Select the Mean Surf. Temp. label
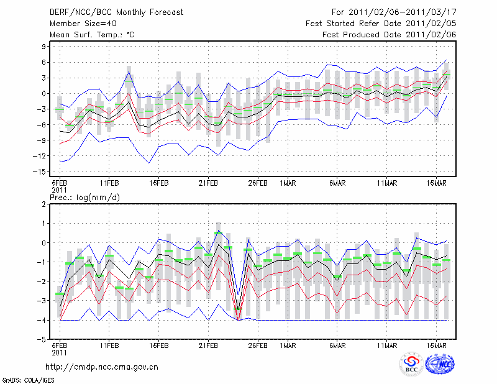[x=92, y=35]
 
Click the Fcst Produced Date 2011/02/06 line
[x=390, y=35]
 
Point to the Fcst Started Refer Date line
[x=381, y=23]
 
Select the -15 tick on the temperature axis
[x=42, y=171]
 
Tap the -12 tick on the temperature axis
[x=42, y=156]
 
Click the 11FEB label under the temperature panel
[x=109, y=183]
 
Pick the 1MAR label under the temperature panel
[x=287, y=183]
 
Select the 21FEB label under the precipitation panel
[x=208, y=345]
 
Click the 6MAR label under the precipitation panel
[x=337, y=345]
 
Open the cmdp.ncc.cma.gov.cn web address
[x=103, y=367]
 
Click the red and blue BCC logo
[x=411, y=365]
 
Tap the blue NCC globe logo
[x=440, y=365]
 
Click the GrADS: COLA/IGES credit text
[x=24, y=379]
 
